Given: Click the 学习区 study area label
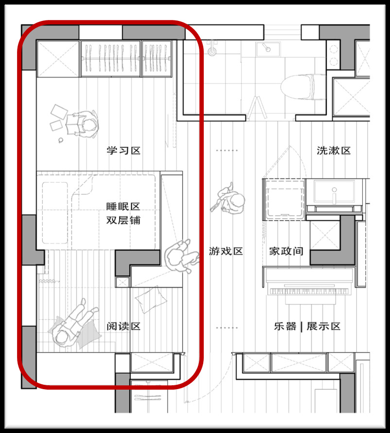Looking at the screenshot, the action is tap(124, 151).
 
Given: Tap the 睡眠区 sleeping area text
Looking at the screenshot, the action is tap(123, 207).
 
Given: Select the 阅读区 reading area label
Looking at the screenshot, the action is tap(124, 326).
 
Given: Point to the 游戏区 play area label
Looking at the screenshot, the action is tap(226, 251).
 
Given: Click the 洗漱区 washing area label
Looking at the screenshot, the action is tap(334, 151).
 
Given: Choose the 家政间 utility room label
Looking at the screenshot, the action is tap(286, 251).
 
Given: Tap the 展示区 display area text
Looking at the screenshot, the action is tap(323, 326).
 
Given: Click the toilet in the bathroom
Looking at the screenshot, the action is tap(301, 87).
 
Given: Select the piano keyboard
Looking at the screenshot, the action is tap(309, 291).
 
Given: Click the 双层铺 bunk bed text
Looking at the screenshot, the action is tap(123, 220).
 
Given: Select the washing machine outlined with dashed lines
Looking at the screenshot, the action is tap(284, 199).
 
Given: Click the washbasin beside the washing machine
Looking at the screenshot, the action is tap(334, 191).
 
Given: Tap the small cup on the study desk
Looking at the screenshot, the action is tap(61, 140).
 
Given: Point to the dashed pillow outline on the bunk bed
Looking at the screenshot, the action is tap(55, 213).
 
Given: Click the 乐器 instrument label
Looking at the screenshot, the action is tap(285, 326).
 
